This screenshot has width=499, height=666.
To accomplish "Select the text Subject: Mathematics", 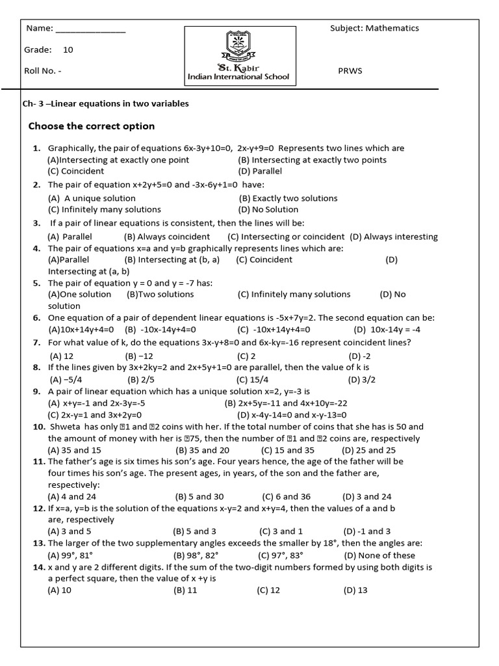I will tap(374, 28).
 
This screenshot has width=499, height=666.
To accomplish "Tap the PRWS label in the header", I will tap(350, 71).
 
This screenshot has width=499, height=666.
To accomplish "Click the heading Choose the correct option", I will tap(92, 126).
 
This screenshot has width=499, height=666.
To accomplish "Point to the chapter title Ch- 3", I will tap(106, 104).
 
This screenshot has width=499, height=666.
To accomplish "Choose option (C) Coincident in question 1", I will tap(76, 171).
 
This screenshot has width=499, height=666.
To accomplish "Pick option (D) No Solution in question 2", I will tap(268, 209).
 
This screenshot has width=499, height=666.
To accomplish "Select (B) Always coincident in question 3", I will tap(167, 237).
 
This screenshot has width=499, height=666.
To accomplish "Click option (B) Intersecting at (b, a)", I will tap(172, 260).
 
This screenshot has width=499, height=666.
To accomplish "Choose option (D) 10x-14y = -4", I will tap(387, 329).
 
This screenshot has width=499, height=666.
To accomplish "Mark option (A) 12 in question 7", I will tap(61, 356).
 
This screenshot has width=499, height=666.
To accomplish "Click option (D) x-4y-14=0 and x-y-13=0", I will tap(292, 414).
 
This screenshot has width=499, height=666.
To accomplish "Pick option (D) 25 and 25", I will tap(369, 450).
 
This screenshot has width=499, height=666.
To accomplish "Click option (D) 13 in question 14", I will tap(355, 590).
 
